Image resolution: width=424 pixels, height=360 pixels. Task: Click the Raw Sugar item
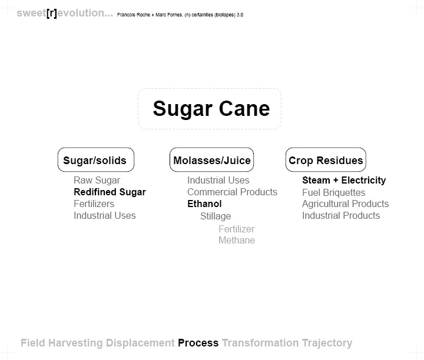97,180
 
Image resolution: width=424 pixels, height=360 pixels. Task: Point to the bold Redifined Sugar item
110,192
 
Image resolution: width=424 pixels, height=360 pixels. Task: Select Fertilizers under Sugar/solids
94,204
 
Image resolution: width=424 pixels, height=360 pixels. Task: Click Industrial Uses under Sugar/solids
105,215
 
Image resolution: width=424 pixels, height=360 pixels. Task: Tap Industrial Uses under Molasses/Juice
218,180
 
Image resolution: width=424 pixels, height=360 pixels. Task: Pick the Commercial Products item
232,192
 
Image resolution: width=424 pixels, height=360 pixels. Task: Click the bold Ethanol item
204,204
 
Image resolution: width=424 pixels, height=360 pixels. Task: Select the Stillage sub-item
216,216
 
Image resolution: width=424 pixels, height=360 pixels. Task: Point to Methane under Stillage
237,240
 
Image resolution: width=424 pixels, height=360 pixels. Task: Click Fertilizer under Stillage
236,229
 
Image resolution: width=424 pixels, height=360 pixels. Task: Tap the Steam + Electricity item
344,180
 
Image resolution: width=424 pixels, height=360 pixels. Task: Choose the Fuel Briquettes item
334,192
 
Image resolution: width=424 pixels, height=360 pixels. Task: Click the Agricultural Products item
345,204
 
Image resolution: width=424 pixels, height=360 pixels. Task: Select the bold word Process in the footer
198,343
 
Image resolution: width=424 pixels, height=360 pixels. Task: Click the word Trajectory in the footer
327,344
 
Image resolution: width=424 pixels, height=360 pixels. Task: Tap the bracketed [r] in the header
52,13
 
